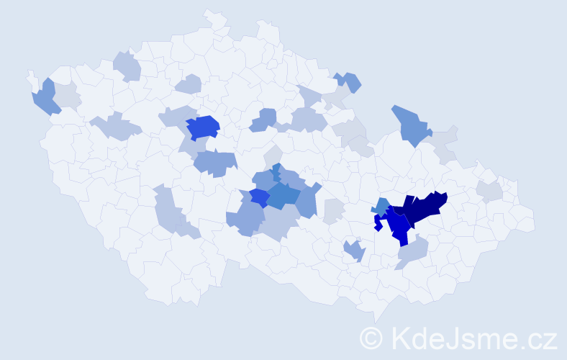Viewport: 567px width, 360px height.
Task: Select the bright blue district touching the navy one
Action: tap(398, 227)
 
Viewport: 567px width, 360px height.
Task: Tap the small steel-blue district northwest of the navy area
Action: tap(382, 205)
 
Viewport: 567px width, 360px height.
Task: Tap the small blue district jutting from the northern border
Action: tap(349, 81)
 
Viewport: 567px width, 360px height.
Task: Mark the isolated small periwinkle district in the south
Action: tap(354, 251)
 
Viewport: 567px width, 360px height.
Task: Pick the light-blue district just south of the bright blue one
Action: tap(412, 251)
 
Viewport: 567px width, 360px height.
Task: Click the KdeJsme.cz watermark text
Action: tap(472, 338)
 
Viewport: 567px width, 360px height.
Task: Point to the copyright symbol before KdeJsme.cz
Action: tap(371, 338)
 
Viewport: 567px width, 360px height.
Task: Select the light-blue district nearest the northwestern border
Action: tap(126, 66)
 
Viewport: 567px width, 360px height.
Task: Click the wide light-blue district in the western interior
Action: tap(115, 127)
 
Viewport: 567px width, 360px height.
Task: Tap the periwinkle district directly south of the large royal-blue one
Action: tap(215, 163)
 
